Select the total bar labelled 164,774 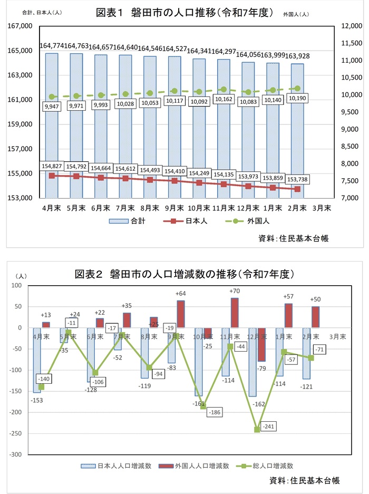[52, 121]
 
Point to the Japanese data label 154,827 [52, 167]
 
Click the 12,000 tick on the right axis [351, 26]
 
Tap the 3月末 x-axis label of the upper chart [323, 208]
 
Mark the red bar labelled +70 [234, 313]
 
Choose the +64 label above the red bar [181, 293]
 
